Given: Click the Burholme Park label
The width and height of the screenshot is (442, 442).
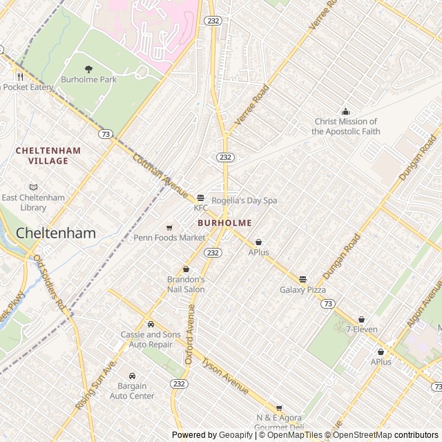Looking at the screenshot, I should coord(88,79).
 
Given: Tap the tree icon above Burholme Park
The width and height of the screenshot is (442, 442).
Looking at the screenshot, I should coord(88,68).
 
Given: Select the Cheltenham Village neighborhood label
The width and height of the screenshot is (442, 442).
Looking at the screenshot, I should coord(48,155).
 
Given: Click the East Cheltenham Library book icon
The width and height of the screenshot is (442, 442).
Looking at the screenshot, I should coord(33,187).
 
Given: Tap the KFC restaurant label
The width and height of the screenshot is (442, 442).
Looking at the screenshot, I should coord(200,208).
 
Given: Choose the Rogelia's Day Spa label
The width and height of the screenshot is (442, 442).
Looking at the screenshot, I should coord(244,200).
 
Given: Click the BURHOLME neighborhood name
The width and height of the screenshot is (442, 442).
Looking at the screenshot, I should coord(224,223).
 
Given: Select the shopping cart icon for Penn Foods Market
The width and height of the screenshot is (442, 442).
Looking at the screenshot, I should coord(169,228).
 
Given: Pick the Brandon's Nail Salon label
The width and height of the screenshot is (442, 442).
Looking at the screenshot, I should coord(186,284).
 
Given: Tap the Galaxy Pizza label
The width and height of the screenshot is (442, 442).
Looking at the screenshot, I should coord(302,289).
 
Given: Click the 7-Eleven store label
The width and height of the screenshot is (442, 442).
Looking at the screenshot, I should coord(362,329).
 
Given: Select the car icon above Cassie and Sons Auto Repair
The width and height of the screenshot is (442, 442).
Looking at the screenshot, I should coord(151,324).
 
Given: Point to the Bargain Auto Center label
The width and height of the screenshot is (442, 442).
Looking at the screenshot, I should coord(132,391).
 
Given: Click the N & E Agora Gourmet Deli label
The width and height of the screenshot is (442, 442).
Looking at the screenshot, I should coord(280,422).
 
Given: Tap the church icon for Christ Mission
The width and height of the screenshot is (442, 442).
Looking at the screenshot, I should coord(346,112).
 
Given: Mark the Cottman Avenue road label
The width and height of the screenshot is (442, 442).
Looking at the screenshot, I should coord(160,173).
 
